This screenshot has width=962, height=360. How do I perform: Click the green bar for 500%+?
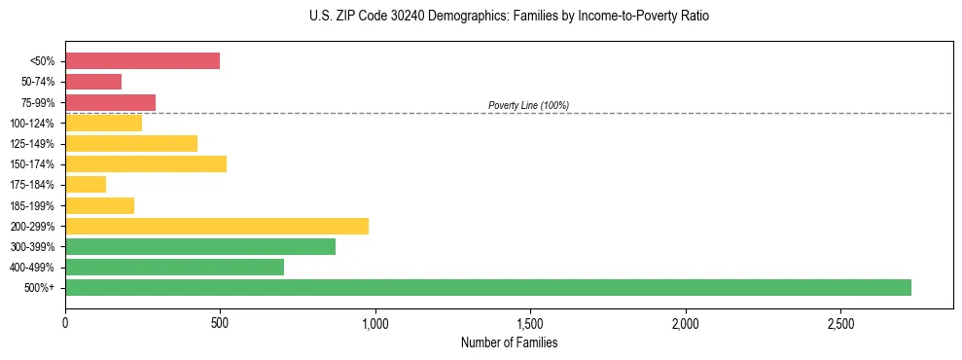coord(487,287)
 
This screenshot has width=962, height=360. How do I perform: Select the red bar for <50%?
coord(142,60)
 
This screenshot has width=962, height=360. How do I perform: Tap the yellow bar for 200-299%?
coord(217,226)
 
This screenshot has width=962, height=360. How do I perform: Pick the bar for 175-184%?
coord(86,185)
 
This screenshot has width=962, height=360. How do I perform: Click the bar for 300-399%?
coord(200,246)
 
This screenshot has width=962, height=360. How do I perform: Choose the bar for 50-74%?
coord(93,82)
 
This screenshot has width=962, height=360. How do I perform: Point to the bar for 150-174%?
coord(146,163)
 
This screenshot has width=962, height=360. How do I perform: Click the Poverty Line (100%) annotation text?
coord(528,105)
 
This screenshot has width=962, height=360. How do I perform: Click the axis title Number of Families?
coord(509,342)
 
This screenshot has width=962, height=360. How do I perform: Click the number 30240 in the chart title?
coord(393,17)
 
